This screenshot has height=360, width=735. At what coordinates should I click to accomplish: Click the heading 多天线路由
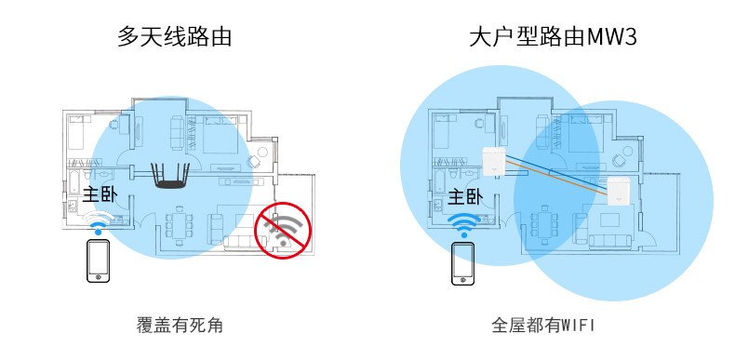point(174,36)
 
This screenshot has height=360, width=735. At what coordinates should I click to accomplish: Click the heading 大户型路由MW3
point(554,36)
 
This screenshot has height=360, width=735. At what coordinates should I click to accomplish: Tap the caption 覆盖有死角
point(180,326)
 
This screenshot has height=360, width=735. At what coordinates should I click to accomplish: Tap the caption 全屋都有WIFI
point(542,326)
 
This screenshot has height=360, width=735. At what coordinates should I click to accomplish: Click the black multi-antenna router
point(169,177)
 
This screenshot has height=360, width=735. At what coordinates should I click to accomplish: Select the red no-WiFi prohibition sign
point(283,230)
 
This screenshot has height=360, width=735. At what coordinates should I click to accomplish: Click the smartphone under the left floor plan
point(98,260)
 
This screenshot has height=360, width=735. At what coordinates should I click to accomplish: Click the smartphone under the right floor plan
point(462,263)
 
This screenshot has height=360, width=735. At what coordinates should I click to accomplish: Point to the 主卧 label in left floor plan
point(100,195)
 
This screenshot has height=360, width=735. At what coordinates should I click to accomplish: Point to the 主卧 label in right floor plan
point(464,198)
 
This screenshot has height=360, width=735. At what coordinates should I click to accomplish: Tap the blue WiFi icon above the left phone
point(98,222)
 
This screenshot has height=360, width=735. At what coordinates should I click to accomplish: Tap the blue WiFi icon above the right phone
point(463,225)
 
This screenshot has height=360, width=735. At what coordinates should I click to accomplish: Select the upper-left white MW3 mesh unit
point(496,162)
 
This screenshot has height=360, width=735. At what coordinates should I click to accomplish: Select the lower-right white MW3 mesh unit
point(621,192)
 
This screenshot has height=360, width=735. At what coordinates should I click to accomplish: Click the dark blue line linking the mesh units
point(558,172)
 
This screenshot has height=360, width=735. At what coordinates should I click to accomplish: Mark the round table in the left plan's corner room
point(262,152)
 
